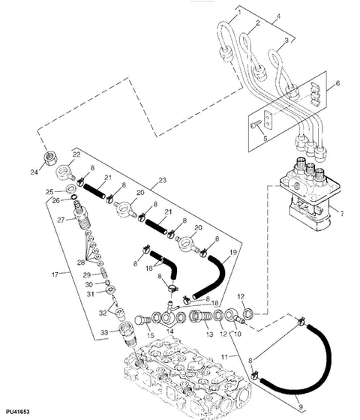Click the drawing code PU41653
click(x=17, y=413)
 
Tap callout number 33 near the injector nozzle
click(x=104, y=331)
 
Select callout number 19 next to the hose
click(x=233, y=253)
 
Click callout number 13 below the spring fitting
click(x=209, y=334)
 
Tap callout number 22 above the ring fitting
click(x=75, y=154)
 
